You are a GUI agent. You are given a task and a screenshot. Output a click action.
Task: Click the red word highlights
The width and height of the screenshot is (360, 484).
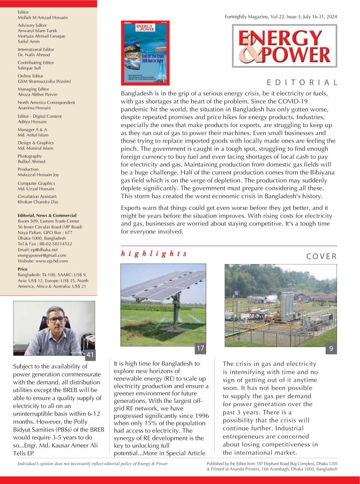[154, 253]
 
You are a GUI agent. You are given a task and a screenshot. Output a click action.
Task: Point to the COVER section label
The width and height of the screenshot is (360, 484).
[322, 256]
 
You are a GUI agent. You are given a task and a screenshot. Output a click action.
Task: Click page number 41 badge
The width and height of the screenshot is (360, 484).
[91, 355]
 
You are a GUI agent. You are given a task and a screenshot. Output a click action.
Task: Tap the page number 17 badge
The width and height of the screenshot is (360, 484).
[200, 349]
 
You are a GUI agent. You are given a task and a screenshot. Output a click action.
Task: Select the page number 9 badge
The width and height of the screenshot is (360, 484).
[332, 349]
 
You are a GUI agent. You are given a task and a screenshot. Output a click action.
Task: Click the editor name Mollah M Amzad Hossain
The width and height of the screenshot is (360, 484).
[43, 17]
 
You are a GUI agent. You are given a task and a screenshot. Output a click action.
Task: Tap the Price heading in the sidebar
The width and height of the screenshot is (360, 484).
[22, 269]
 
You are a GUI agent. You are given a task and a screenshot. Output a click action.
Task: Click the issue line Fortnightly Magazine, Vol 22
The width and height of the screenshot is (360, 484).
[281, 16]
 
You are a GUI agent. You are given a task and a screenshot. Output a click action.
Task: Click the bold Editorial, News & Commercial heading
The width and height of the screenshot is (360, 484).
[47, 215]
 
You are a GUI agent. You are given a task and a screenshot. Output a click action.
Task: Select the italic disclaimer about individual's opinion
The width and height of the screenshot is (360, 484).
[92, 463]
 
